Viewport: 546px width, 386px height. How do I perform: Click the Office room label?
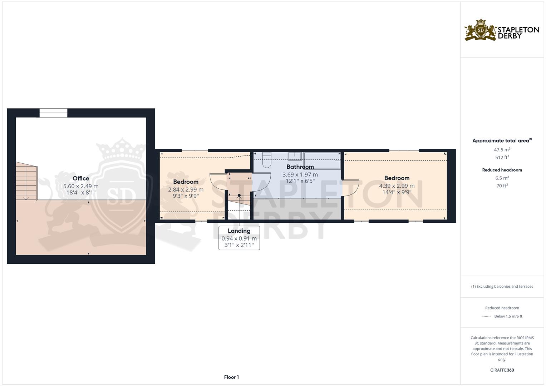[81, 178]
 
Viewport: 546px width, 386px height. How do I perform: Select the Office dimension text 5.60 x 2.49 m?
[81, 186]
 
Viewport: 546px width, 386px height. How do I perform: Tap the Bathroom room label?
[300, 167]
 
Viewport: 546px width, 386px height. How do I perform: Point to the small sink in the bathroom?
[295, 156]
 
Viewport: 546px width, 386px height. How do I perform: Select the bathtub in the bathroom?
[322, 160]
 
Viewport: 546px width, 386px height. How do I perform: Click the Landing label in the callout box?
[239, 231]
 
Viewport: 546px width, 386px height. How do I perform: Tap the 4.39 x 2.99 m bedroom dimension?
[397, 186]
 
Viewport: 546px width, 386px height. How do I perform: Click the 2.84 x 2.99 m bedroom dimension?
[186, 189]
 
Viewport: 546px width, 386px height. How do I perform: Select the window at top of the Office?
[53, 113]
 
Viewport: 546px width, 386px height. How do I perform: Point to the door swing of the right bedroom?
[351, 187]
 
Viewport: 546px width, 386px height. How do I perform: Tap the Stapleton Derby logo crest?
[481, 30]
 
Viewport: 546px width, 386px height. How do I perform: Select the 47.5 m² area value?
[502, 150]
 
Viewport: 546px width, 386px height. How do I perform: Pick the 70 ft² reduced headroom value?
[502, 185]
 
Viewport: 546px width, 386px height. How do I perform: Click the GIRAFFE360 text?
[502, 370]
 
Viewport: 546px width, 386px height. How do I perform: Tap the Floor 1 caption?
[231, 377]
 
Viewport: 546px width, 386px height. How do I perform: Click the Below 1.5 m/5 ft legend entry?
[508, 316]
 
